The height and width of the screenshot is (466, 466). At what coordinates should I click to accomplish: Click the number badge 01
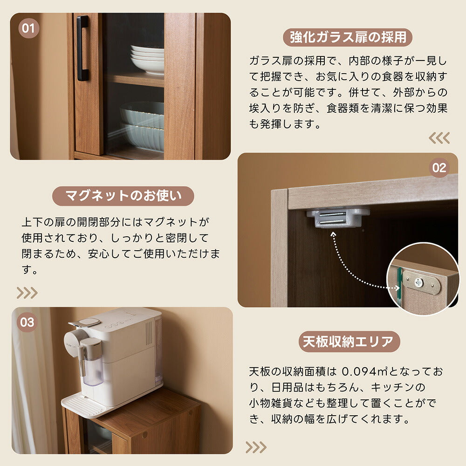pyautogui.click(x=29, y=28)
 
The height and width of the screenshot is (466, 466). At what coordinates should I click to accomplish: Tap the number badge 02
pyautogui.click(x=439, y=168)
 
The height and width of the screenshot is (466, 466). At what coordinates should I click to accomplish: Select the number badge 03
pyautogui.click(x=27, y=322)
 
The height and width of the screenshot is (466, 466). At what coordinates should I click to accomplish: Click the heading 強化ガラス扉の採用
pyautogui.click(x=348, y=37)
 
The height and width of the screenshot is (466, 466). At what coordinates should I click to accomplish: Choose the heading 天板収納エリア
pyautogui.click(x=349, y=342)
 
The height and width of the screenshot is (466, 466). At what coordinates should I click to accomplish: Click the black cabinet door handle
pyautogui.click(x=82, y=48)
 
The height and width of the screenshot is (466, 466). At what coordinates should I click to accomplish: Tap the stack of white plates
pyautogui.click(x=147, y=60)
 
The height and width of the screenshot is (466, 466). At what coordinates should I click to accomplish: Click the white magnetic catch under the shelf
pyautogui.click(x=338, y=217)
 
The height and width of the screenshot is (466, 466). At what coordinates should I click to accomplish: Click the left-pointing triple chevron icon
pyautogui.click(x=439, y=137)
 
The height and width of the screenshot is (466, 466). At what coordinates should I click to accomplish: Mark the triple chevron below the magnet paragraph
pyautogui.click(x=27, y=293)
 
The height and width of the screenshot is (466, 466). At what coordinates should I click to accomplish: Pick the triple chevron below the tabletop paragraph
pyautogui.click(x=256, y=447)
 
